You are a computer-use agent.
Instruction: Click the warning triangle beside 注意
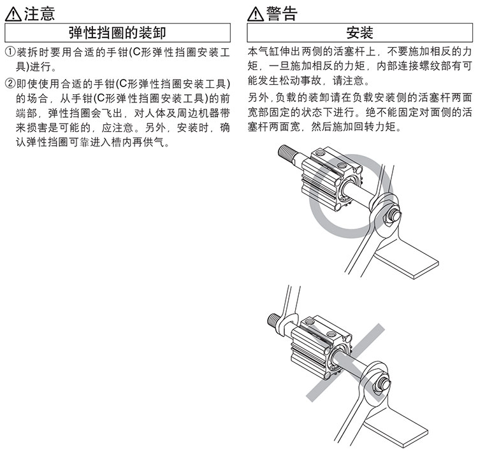click(13, 14)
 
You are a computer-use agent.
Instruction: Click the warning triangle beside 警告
click(255, 14)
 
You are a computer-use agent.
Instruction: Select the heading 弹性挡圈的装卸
click(117, 32)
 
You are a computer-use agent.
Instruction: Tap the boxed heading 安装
click(359, 32)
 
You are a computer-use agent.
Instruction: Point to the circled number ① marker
click(10, 52)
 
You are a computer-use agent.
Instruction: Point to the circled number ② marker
click(10, 83)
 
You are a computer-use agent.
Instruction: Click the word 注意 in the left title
click(40, 14)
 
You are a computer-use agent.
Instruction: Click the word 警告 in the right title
click(282, 14)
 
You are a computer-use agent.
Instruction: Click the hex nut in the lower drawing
click(380, 386)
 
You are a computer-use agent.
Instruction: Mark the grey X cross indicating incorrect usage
click(345, 362)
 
